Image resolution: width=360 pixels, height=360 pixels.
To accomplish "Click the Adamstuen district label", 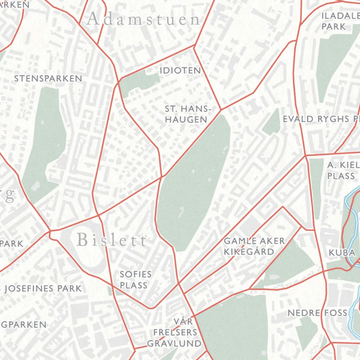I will [x=143, y=19].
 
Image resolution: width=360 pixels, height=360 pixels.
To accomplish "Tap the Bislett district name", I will [x=111, y=240].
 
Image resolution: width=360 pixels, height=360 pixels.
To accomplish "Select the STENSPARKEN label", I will [x=48, y=78].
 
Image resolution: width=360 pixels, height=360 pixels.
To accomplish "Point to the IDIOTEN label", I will [x=180, y=70].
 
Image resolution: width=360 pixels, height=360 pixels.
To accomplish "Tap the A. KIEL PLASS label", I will [x=341, y=171].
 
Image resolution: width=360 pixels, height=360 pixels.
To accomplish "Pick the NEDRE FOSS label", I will [x=317, y=313].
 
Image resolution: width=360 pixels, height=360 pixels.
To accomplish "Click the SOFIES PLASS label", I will [x=136, y=279].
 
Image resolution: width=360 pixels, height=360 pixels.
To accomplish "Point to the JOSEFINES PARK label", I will [x=43, y=289].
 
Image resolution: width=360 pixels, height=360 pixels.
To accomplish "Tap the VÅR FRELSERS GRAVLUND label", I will [x=174, y=332].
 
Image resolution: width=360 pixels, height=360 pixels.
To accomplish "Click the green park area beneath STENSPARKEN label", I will [x=44, y=144].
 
